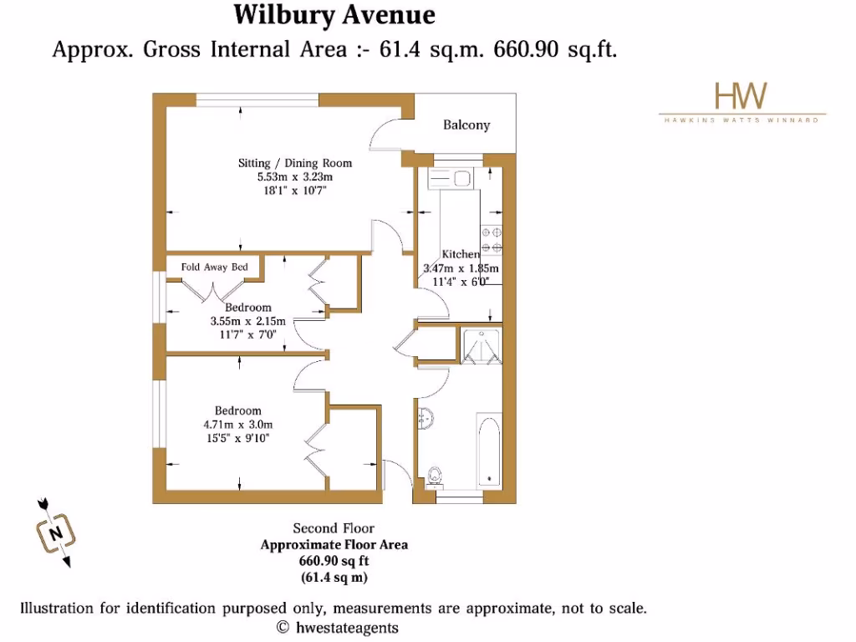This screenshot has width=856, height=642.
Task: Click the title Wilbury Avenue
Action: click(334, 15)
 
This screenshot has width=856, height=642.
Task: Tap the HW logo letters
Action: click(741, 96)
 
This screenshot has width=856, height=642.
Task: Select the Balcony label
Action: click(466, 125)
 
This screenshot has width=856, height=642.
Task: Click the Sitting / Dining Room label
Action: click(295, 163)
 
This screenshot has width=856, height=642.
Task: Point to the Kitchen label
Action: click(461, 254)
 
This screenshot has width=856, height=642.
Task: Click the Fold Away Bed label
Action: click(215, 267)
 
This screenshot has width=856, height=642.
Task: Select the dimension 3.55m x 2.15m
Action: click(247, 321)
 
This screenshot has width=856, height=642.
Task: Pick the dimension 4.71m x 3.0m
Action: click(237, 425)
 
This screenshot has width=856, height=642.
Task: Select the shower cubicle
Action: click(480, 345)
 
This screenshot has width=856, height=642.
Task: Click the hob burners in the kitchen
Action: click(491, 239)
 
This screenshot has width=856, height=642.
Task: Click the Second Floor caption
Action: click(334, 528)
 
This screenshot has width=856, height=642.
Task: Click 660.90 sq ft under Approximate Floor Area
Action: click(334, 561)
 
